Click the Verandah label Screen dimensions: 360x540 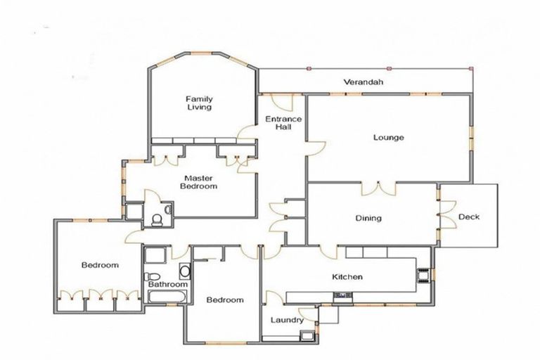[363, 82]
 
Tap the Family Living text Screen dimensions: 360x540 [199, 103]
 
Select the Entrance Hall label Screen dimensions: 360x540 [283, 124]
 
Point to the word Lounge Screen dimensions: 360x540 [387, 137]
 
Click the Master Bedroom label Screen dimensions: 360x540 [199, 182]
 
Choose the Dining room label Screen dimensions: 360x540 [368, 218]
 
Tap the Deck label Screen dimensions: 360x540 [468, 217]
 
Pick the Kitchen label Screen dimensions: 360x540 [347, 277]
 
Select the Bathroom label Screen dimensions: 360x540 [168, 285]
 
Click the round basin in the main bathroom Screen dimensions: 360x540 [184, 271]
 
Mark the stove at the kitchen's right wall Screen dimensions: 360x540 [424, 274]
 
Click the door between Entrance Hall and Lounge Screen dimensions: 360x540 [314, 146]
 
